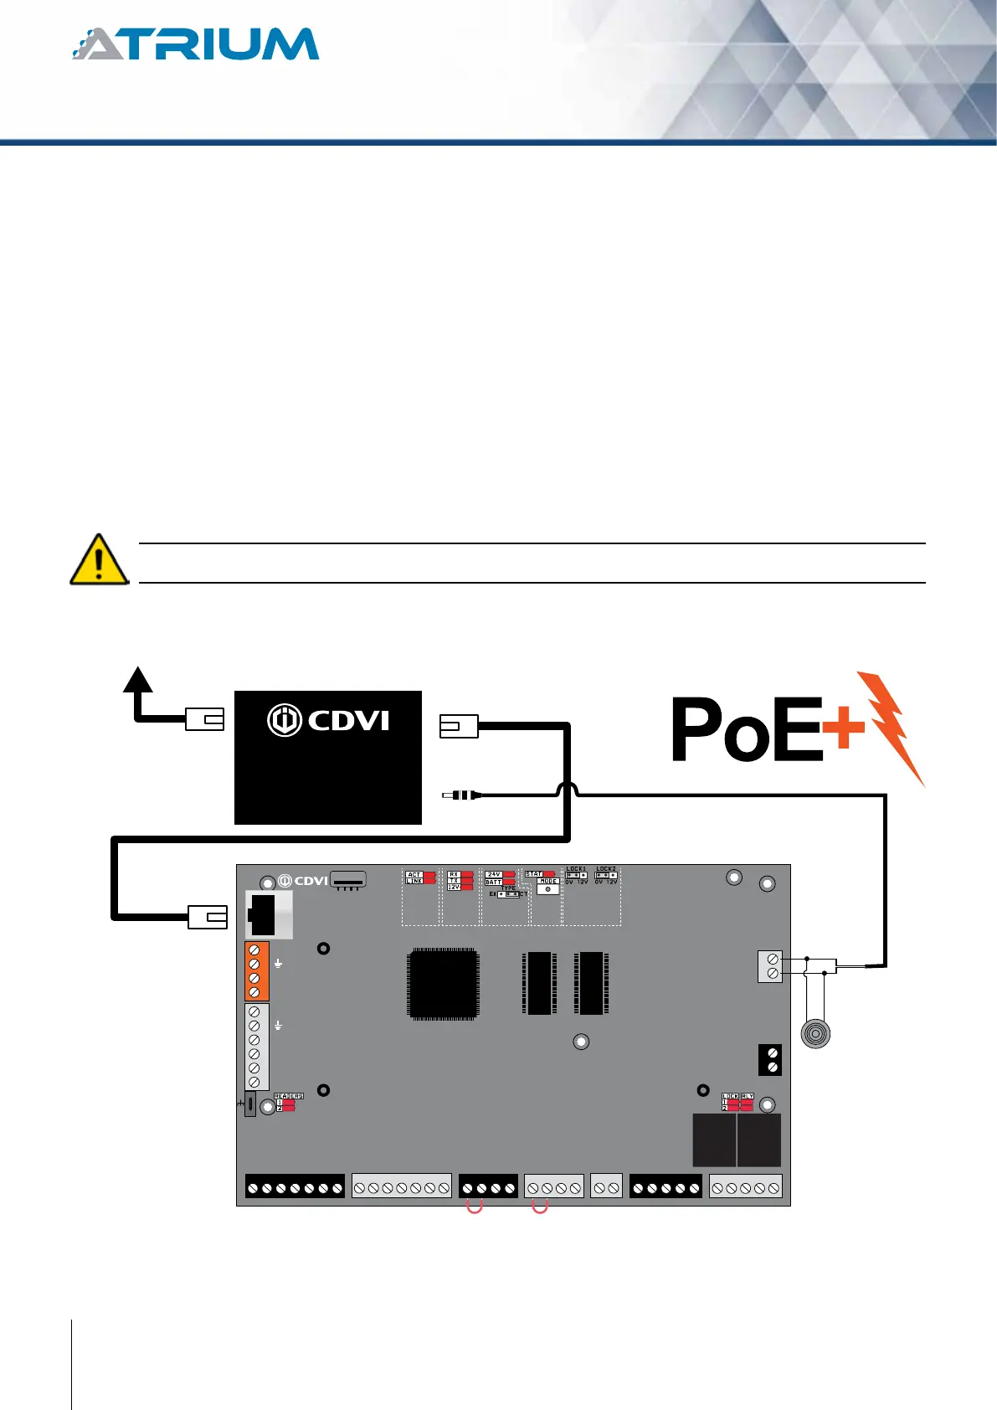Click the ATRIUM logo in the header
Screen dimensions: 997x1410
196,44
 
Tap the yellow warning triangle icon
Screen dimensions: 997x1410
99,560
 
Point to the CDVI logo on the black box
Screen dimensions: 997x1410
328,720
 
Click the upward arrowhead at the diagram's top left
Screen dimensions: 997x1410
138,679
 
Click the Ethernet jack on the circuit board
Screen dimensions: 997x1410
266,914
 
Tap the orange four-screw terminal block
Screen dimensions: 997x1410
255,971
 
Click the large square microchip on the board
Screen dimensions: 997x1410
443,984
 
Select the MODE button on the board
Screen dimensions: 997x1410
547,889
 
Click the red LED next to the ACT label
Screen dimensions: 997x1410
429,874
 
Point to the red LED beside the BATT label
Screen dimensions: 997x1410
509,882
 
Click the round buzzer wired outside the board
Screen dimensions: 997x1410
815,1033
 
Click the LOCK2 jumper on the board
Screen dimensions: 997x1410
605,876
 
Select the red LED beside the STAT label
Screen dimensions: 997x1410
549,874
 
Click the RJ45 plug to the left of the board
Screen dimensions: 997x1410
207,918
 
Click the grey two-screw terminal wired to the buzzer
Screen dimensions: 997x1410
771,966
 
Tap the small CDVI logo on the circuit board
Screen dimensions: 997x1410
302,881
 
